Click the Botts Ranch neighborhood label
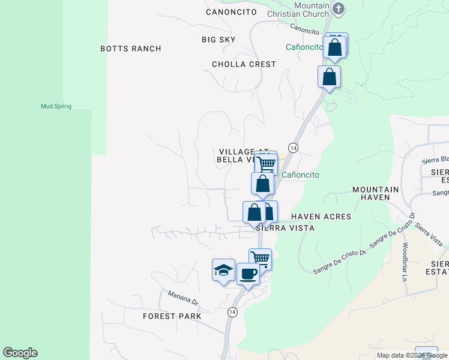coord(130,49)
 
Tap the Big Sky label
coord(218,40)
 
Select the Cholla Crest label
coord(244,64)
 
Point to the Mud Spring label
coord(56,106)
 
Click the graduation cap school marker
coord(223,269)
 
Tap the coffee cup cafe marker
coord(248,274)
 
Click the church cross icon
coord(339,8)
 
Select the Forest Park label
coord(172,316)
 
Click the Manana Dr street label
coord(182,297)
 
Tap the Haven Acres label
coord(321,216)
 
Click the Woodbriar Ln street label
coord(405,254)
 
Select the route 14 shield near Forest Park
coord(232,312)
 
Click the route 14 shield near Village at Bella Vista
coord(293,148)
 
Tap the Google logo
coord(20,353)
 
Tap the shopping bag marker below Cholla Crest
coord(329,77)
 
